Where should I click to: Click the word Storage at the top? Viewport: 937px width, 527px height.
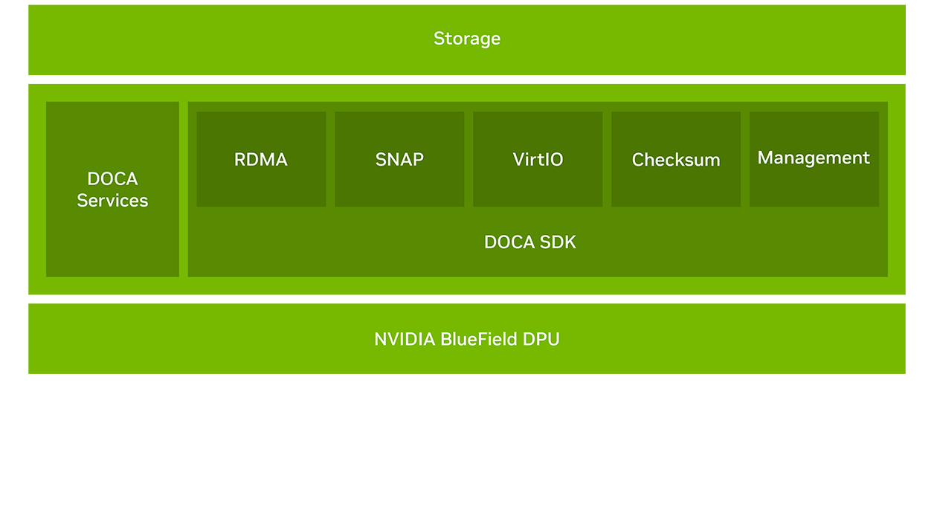click(467, 39)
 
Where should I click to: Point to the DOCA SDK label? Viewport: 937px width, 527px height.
click(530, 242)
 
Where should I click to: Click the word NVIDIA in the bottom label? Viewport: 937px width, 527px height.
click(405, 340)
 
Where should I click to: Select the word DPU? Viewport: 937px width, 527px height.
click(541, 340)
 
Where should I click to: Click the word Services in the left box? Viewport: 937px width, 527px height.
click(112, 201)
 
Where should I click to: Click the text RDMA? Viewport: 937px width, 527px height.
click(261, 160)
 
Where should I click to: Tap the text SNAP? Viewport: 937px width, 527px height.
click(399, 160)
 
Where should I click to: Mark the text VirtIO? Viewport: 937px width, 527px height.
click(538, 160)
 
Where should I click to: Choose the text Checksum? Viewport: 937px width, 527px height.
click(676, 160)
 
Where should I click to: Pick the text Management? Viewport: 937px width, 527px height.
click(814, 158)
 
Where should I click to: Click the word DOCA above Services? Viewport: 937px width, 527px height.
click(112, 179)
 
